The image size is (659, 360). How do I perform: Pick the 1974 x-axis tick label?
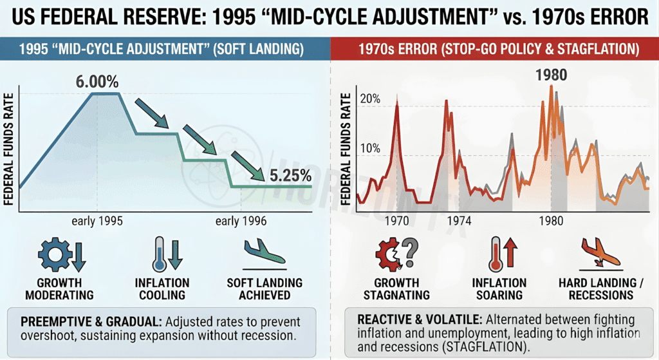(459, 220)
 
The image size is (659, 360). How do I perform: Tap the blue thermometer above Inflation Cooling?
(159, 254)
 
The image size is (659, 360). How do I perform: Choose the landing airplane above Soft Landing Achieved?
(264, 253)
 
